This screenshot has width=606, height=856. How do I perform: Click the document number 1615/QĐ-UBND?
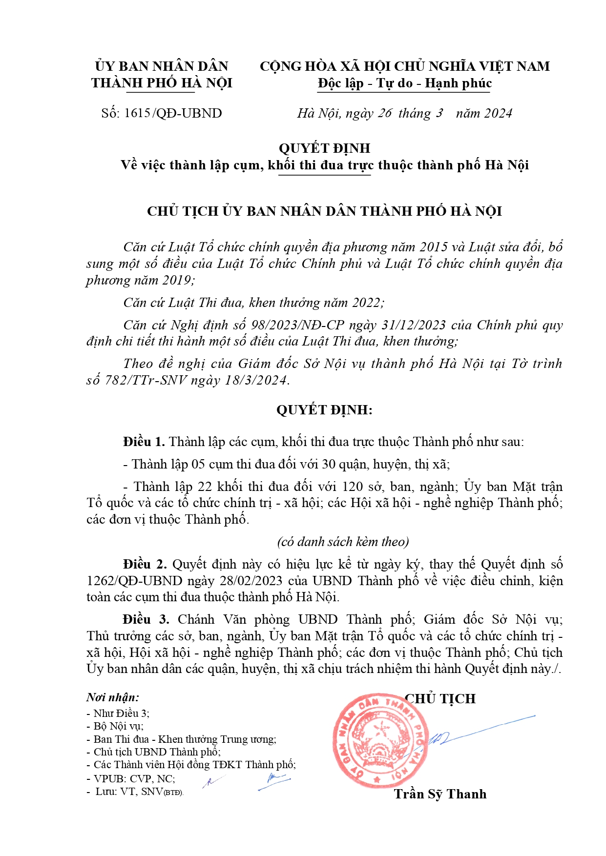(173, 113)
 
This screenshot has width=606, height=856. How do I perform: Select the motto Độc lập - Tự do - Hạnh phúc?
(404, 83)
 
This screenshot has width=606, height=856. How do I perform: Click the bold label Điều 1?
(144, 442)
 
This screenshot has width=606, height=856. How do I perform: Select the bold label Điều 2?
(145, 564)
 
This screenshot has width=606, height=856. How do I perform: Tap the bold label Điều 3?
(146, 619)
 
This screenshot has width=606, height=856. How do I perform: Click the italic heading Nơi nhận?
(113, 697)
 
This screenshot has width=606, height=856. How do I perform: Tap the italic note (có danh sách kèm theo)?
(343, 542)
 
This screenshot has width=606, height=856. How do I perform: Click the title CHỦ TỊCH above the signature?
(440, 698)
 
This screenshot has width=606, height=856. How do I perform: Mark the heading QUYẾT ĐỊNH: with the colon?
(324, 409)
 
